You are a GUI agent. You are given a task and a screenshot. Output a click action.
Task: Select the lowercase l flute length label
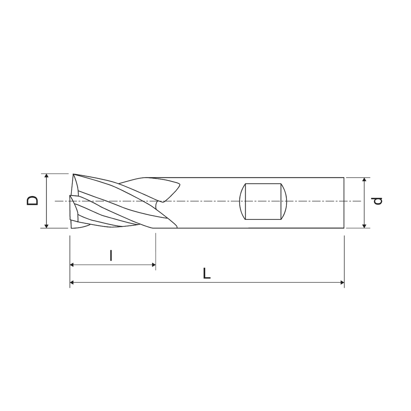pyautogui.click(x=111, y=256)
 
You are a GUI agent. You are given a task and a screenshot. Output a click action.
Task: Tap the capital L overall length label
pyautogui.click(x=207, y=274)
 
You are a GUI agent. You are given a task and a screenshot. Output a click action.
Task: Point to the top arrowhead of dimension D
pyautogui.click(x=46, y=175)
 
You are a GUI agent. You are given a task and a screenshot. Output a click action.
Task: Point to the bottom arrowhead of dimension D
pyautogui.click(x=46, y=226)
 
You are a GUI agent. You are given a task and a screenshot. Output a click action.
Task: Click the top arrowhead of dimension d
pyautogui.click(x=364, y=179)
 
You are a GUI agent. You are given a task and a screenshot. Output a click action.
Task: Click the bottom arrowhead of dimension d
pyautogui.click(x=364, y=226)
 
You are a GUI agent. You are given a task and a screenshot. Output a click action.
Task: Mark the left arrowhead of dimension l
pyautogui.click(x=72, y=265)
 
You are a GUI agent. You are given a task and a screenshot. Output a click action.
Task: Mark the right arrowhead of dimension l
pyautogui.click(x=154, y=265)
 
